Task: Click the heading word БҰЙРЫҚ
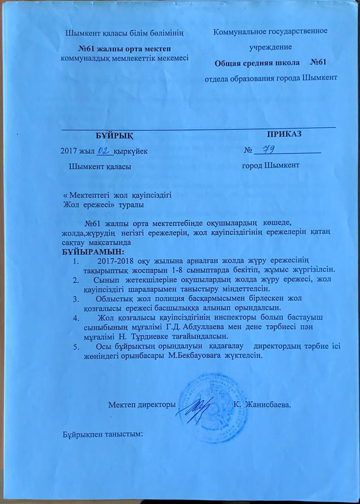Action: click(x=114, y=135)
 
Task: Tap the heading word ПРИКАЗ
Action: click(x=284, y=134)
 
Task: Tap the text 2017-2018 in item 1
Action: click(x=115, y=260)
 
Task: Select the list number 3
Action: click(x=75, y=299)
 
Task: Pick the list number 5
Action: click(x=75, y=346)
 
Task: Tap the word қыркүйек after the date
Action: click(x=130, y=151)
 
